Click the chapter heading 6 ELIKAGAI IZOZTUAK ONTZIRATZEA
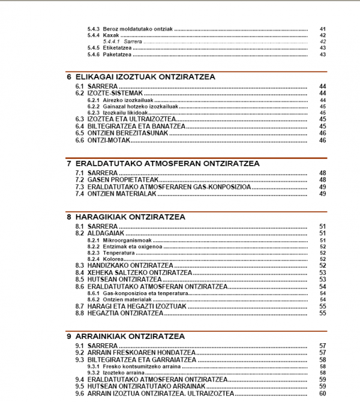tap(141, 77)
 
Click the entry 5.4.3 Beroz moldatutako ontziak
tap(129, 29)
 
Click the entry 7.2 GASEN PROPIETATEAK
tap(116, 180)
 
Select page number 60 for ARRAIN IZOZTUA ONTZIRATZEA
tap(322, 394)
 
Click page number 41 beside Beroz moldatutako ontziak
tap(322, 29)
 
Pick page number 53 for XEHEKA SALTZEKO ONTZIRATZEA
tap(322, 272)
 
